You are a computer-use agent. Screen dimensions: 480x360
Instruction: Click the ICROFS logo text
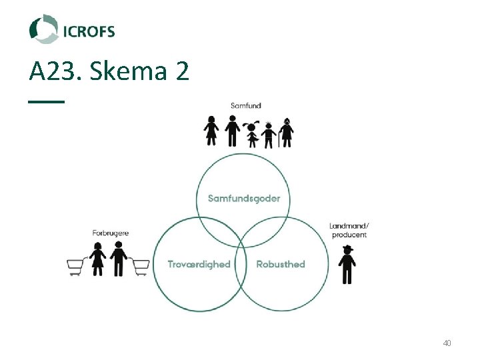pyautogui.click(x=89, y=31)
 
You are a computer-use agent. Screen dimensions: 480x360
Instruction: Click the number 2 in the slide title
pyautogui.click(x=183, y=71)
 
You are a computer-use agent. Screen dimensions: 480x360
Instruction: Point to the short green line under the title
pyautogui.click(x=47, y=101)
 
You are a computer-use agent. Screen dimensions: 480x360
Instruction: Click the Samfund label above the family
pyautogui.click(x=246, y=105)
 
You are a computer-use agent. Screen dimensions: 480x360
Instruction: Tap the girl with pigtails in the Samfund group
pyautogui.click(x=252, y=134)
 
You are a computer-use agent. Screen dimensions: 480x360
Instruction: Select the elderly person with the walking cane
pyautogui.click(x=287, y=132)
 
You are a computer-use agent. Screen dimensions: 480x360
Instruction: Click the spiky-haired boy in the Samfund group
pyautogui.click(x=269, y=134)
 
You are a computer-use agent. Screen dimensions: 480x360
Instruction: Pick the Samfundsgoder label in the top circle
pyautogui.click(x=244, y=198)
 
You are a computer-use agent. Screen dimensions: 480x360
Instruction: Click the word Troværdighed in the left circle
pyautogui.click(x=199, y=264)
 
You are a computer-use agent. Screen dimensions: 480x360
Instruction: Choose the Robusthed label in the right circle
pyautogui.click(x=281, y=264)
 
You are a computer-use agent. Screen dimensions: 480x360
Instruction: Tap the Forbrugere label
pyautogui.click(x=111, y=233)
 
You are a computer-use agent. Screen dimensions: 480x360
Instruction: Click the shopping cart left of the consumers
pyautogui.click(x=78, y=267)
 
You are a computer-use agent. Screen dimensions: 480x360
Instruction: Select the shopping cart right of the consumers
pyautogui.click(x=139, y=267)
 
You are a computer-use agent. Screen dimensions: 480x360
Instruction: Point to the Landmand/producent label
pyautogui.click(x=349, y=230)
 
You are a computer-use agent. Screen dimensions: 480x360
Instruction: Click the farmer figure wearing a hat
pyautogui.click(x=347, y=265)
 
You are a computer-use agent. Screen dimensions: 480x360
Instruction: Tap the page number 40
pyautogui.click(x=447, y=343)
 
